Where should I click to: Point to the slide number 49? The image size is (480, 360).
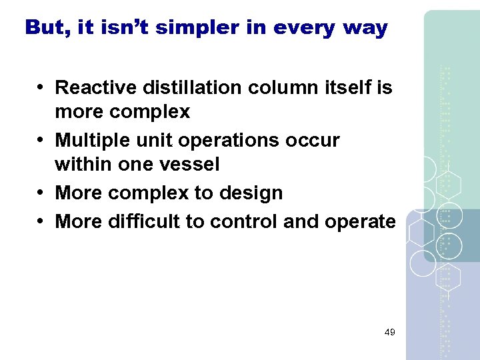click(390, 331)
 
